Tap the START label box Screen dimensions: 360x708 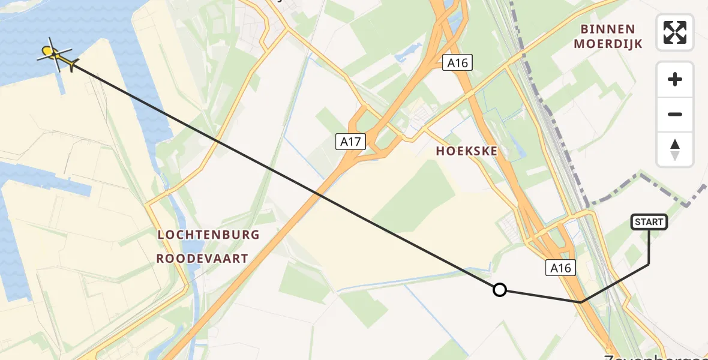click(649, 222)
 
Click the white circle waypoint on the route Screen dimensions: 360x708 click(499, 290)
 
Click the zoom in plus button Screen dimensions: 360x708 click(675, 79)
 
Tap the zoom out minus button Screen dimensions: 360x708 click(675, 114)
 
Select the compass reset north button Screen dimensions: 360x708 click(675, 149)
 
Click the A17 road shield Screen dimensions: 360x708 click(350, 142)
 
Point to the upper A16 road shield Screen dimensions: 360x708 click(457, 62)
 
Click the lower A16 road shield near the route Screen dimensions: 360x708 click(561, 268)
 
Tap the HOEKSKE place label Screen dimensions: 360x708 click(467, 151)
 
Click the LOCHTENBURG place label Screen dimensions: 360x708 click(208, 235)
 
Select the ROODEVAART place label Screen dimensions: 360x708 click(202, 259)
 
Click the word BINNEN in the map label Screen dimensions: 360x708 click(608, 29)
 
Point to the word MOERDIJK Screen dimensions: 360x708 click(608, 44)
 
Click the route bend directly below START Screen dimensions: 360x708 click(649, 264)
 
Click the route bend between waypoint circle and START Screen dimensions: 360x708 click(581, 302)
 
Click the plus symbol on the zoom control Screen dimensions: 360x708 click(675, 79)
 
